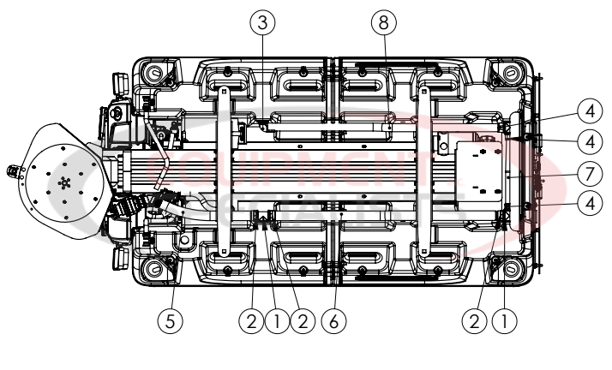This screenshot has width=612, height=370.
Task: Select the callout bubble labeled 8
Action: click(x=382, y=24)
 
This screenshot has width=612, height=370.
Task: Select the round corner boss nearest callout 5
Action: click(x=154, y=270)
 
